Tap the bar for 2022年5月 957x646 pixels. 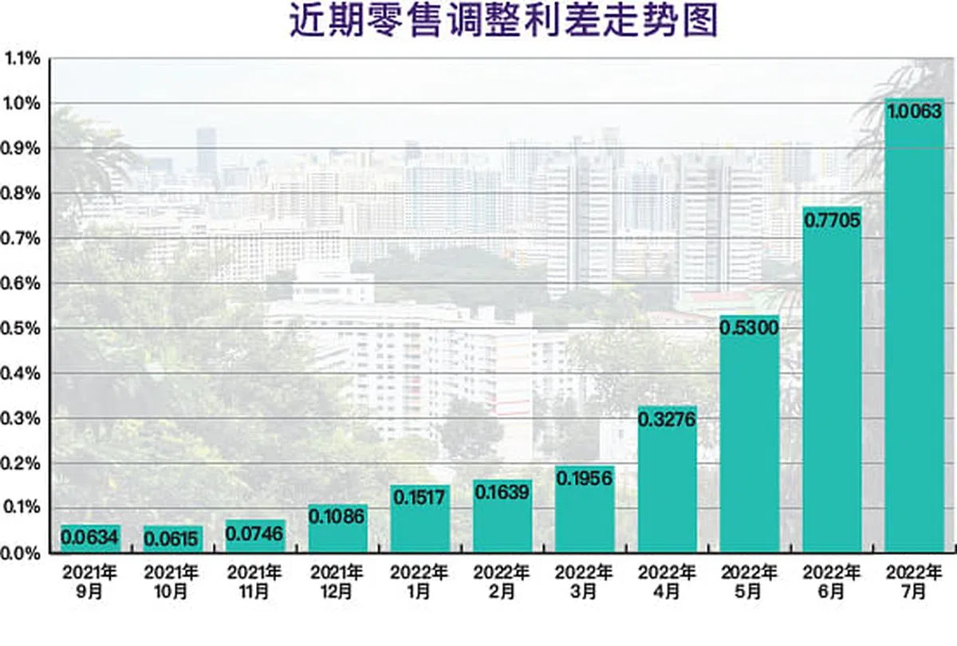pos(750,439)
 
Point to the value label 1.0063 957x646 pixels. pos(915,112)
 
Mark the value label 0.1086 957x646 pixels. pos(337,516)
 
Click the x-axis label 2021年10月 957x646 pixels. pos(171,582)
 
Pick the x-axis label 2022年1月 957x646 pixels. pos(419,582)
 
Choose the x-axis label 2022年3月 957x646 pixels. pos(585,582)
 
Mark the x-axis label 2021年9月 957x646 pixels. pos(90,582)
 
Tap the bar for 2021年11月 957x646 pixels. pos(254,538)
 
